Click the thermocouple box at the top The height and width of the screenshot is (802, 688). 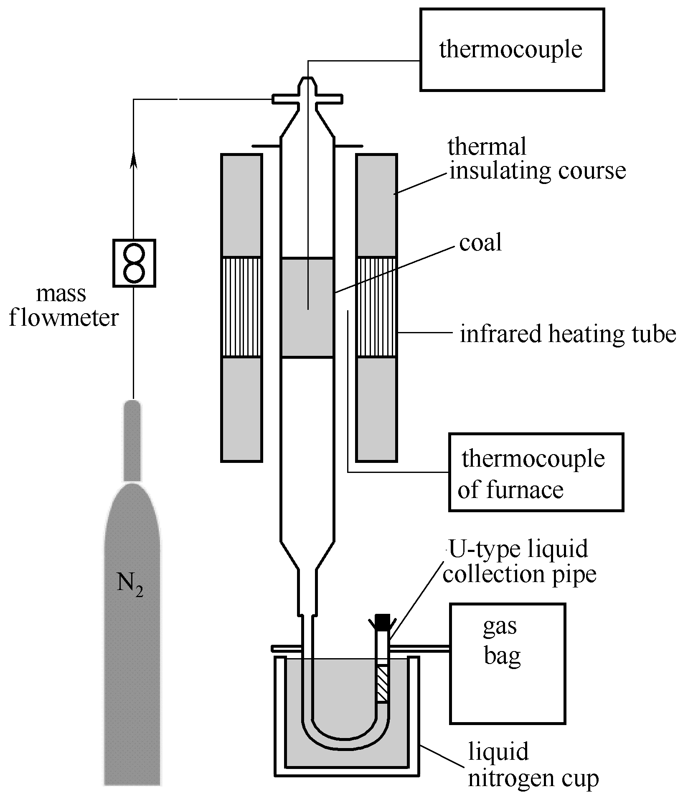point(512,50)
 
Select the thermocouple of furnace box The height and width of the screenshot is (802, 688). point(536,472)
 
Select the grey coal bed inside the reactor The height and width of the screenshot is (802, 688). point(307,308)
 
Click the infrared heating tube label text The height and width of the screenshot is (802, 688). point(568,334)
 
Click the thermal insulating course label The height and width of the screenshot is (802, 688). point(537,159)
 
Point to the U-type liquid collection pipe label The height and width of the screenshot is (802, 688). point(519,561)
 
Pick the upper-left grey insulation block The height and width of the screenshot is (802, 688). point(241,205)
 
